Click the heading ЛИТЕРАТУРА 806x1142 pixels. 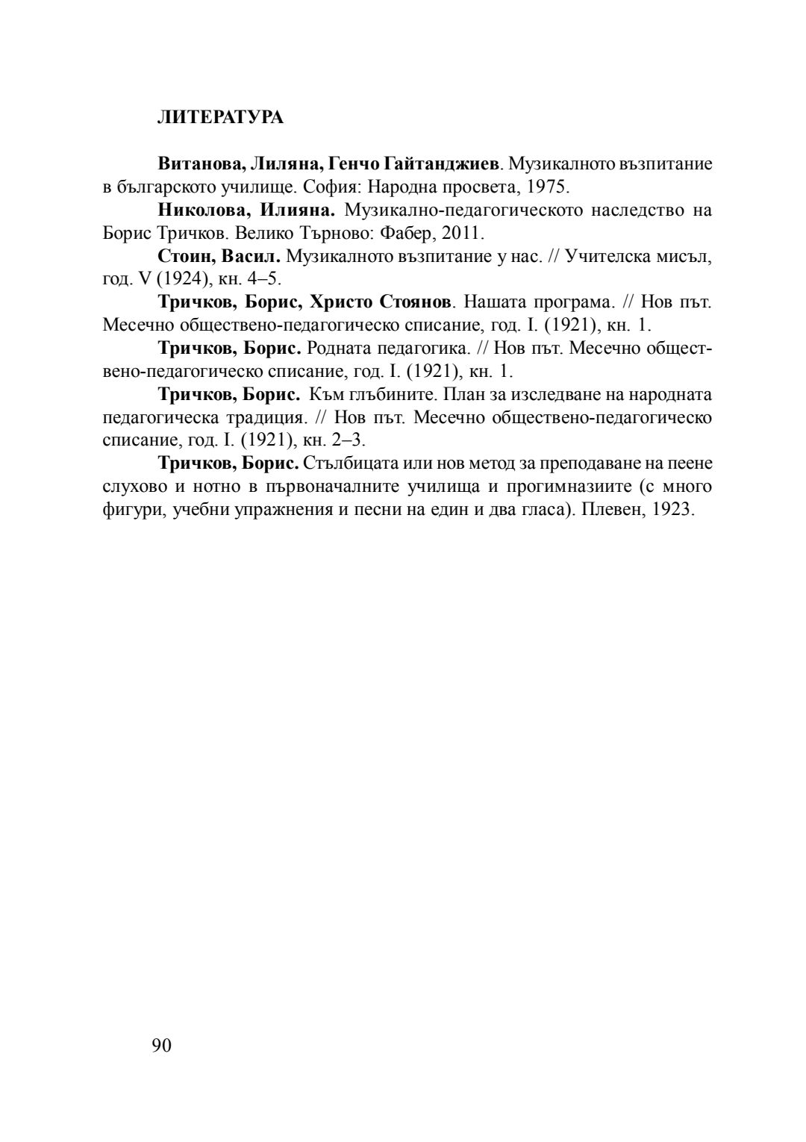tap(220, 117)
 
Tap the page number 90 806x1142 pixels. tap(161, 1046)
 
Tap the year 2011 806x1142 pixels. tap(462, 233)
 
